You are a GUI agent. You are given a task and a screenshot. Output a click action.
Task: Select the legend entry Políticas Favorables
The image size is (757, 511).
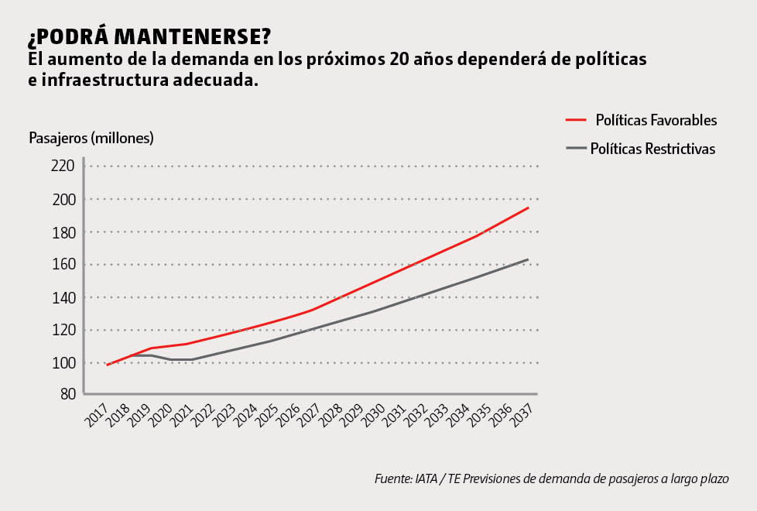tap(656, 121)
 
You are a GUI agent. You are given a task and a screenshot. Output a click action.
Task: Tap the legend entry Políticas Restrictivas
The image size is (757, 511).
tap(653, 149)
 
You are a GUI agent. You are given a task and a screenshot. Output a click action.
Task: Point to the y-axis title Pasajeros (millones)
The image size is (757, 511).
tap(91, 139)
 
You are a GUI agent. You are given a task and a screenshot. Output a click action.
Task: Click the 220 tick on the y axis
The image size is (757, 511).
tap(63, 166)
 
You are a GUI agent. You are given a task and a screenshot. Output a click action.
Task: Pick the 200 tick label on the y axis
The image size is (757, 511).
tap(63, 199)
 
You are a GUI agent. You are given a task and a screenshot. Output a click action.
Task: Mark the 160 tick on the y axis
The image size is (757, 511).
tap(63, 265)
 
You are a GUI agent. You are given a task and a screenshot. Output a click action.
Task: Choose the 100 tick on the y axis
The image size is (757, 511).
tap(63, 363)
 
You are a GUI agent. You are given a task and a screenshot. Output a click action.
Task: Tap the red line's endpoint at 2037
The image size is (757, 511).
tap(529, 207)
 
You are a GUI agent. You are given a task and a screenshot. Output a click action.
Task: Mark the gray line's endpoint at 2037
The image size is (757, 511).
tap(529, 259)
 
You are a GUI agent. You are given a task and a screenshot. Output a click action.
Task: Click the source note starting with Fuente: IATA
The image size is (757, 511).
tap(551, 478)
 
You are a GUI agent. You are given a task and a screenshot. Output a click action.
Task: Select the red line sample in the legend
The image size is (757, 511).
tap(577, 121)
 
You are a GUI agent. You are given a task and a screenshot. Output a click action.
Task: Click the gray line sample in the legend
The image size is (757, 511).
tap(577, 149)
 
